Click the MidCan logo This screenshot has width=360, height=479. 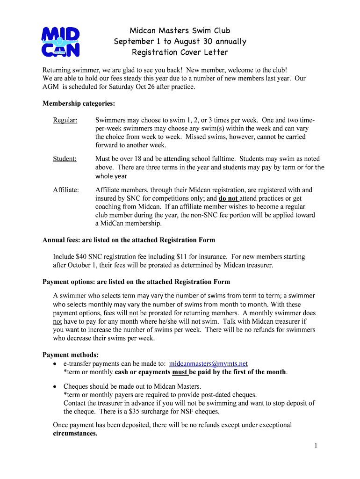point(60,41)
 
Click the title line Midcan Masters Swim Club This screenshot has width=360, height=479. point(180,31)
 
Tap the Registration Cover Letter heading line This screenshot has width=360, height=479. point(180,52)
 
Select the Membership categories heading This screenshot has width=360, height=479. point(79,103)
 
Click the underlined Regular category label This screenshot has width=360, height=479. point(65,120)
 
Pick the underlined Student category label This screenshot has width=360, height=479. point(65,159)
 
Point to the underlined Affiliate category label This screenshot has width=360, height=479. point(66,190)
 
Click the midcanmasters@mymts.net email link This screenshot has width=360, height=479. point(208,363)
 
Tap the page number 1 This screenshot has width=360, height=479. point(316,446)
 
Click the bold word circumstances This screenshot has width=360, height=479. point(75,434)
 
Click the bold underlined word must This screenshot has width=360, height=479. point(180,372)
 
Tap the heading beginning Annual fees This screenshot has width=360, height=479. point(129,240)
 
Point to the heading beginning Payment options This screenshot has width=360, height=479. point(136,282)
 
